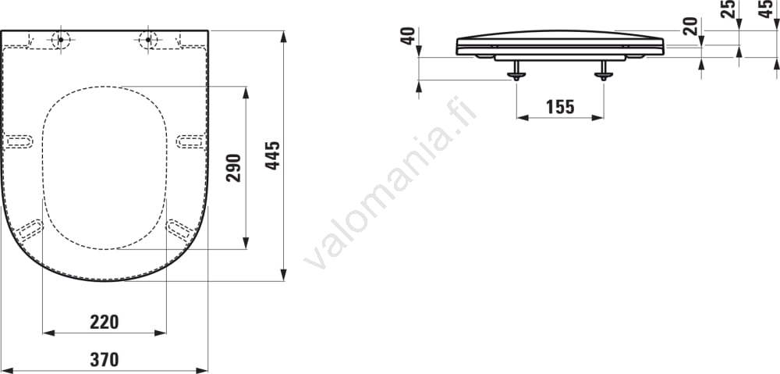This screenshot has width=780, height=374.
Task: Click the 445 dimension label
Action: point(272,155)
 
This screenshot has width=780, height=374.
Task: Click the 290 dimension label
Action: point(234,168)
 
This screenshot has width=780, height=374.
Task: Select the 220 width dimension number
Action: point(105,322)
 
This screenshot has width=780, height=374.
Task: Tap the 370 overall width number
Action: point(105,359)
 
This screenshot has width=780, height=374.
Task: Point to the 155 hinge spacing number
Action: point(560,106)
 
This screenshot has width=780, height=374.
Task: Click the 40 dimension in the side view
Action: point(409,36)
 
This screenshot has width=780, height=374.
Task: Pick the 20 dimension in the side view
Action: point(690,26)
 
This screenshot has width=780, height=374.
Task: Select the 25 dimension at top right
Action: point(729,9)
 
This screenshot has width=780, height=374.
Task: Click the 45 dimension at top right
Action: point(767,9)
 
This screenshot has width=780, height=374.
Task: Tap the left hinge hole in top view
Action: point(61,39)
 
